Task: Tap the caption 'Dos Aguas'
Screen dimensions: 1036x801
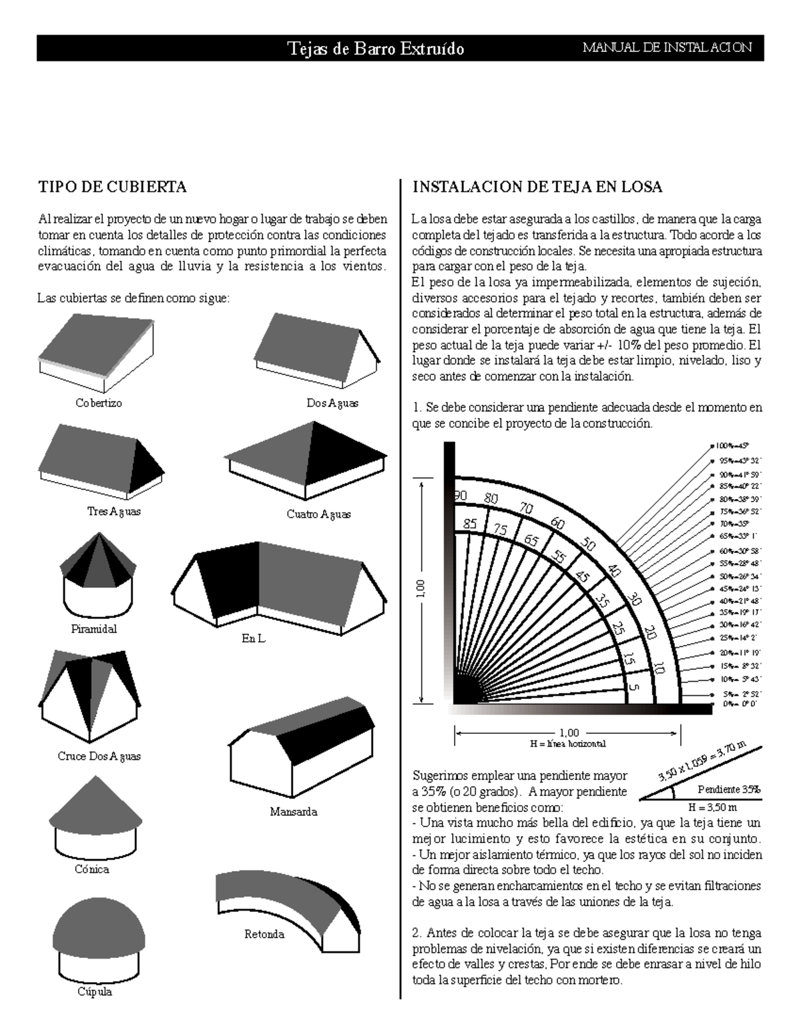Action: pyautogui.click(x=332, y=403)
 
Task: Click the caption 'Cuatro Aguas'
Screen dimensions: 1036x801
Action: pyautogui.click(x=318, y=514)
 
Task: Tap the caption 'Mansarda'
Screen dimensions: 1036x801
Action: pyautogui.click(x=293, y=812)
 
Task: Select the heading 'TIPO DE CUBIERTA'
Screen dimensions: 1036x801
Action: pyautogui.click(x=112, y=187)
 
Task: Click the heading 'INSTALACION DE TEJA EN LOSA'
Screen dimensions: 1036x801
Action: pyautogui.click(x=537, y=187)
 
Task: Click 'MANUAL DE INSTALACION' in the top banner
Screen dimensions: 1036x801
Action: pyautogui.click(x=667, y=47)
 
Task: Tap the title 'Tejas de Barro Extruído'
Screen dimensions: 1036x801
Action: pyautogui.click(x=376, y=48)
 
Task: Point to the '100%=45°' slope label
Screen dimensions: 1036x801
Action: pyautogui.click(x=732, y=445)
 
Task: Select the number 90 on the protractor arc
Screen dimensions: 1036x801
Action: pyautogui.click(x=459, y=495)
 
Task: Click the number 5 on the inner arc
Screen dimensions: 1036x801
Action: pyautogui.click(x=633, y=688)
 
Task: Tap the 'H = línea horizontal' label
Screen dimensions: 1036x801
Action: pyautogui.click(x=567, y=743)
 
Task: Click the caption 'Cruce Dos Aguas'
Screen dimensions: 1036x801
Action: pyautogui.click(x=99, y=756)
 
